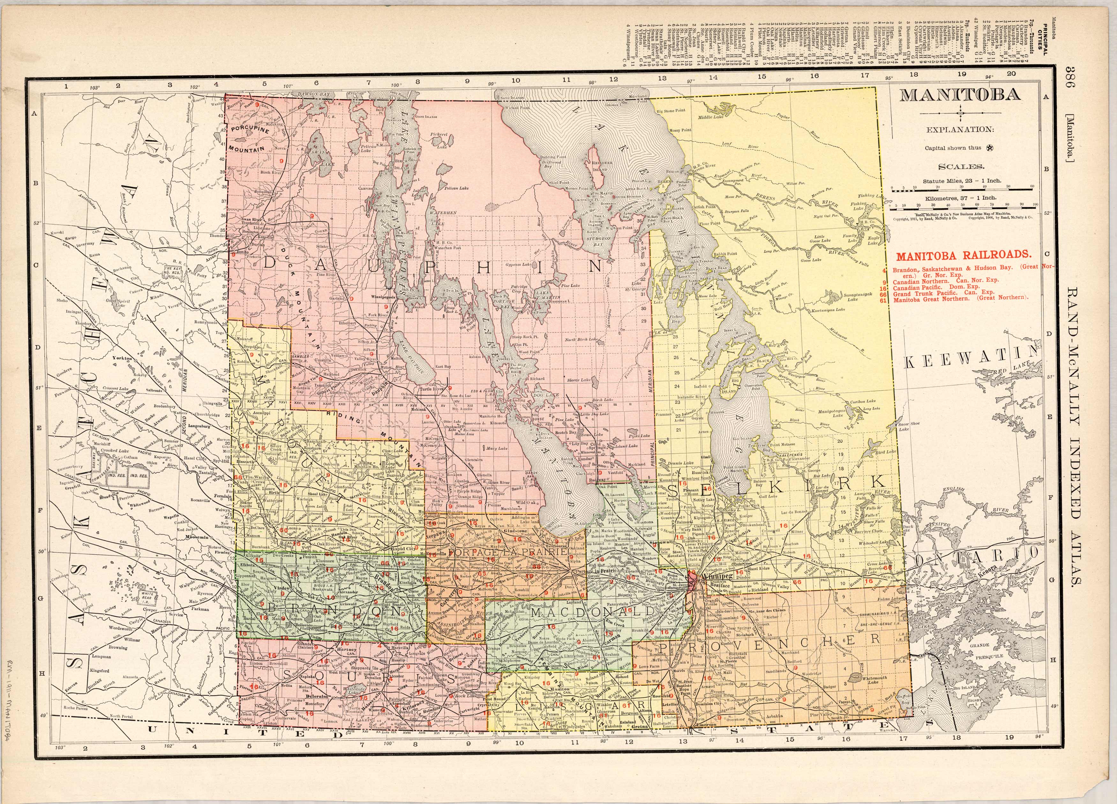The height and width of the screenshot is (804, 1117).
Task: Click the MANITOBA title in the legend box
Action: point(960,95)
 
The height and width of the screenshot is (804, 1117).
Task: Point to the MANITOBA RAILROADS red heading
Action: point(963,256)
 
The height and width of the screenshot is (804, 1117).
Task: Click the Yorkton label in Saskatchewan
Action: point(122,358)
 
